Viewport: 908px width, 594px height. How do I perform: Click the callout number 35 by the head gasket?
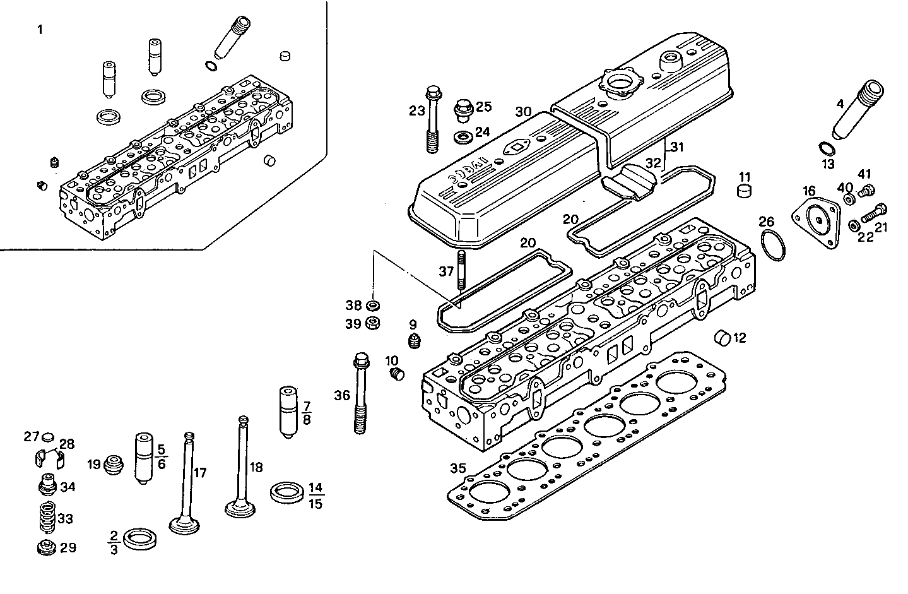[458, 468]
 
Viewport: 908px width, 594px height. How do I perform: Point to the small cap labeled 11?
[745, 190]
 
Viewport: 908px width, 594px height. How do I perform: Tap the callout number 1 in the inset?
[40, 30]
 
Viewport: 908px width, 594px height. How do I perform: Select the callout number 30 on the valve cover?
[523, 112]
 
